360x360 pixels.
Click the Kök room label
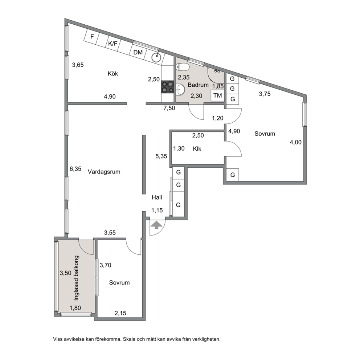coord(113,73)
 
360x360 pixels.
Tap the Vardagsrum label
coord(104,172)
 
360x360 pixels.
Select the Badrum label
coord(198,85)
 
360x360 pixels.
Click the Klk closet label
coord(197,149)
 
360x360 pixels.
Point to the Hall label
coord(157,197)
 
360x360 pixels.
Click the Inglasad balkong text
coord(76,278)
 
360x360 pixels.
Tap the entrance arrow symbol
coord(156,225)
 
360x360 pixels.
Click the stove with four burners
coord(167,87)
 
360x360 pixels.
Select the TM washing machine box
coord(217,95)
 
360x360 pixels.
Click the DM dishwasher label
coord(138,52)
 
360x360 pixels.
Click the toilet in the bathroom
coord(183,67)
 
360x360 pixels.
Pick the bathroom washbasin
coord(181,90)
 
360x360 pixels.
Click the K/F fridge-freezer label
coord(112,44)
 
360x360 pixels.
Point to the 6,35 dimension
coord(75,169)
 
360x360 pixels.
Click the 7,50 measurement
coord(169,108)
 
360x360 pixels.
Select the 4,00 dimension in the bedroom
coord(295,142)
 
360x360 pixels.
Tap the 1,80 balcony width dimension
coord(75,308)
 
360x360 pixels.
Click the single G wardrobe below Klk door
coord(233,175)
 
